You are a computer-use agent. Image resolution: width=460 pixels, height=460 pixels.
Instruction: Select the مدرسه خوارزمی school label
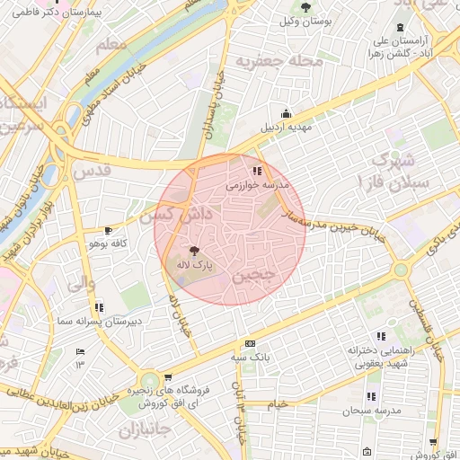pyautogui.click(x=258, y=184)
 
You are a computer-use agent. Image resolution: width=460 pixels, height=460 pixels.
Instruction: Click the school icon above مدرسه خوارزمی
pyautogui.click(x=258, y=170)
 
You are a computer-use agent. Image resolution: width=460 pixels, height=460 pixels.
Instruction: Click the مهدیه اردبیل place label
pyautogui.click(x=286, y=128)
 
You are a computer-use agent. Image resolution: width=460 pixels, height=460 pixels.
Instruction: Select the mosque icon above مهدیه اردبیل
pyautogui.click(x=287, y=113)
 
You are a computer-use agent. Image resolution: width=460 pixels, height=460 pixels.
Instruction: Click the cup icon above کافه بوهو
pyautogui.click(x=110, y=231)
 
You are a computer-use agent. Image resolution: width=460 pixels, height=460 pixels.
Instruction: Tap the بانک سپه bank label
pyautogui.click(x=250, y=358)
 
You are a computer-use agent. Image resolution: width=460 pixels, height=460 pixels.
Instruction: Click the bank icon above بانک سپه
pyautogui.click(x=250, y=343)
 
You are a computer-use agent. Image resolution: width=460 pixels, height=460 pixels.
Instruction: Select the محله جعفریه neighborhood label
pyautogui.click(x=273, y=59)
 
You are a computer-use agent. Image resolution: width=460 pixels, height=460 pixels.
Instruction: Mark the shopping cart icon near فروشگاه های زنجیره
pyautogui.click(x=167, y=378)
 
